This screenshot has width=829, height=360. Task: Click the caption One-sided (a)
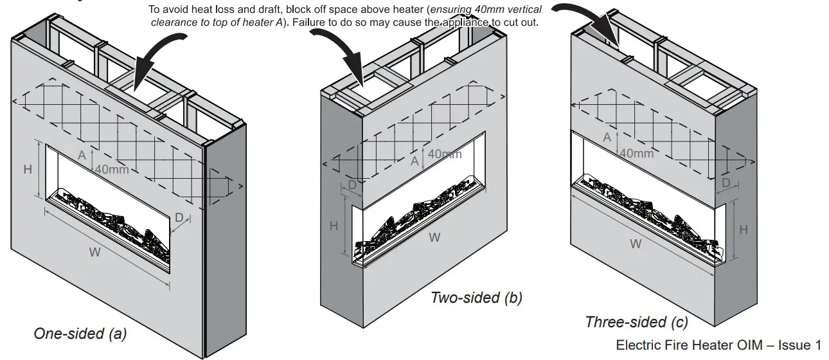point(80,334)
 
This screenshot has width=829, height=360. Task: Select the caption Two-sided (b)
point(476,297)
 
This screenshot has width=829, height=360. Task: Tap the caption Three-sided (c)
point(636,322)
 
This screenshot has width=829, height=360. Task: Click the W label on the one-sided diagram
point(94,252)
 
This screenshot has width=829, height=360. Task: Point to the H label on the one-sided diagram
point(28,169)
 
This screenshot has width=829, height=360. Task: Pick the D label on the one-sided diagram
point(179,218)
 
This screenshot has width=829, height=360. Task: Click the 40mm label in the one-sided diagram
point(112,170)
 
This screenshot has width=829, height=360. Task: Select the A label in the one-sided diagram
point(82,156)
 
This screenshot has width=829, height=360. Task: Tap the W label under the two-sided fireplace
point(434,237)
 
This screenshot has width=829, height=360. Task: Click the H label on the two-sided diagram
point(334,226)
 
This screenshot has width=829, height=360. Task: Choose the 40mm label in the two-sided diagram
point(444,154)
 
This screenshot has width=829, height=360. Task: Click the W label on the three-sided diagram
point(636,244)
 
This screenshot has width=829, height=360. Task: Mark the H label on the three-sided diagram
point(743,230)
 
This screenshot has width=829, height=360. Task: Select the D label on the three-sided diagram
point(726,183)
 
